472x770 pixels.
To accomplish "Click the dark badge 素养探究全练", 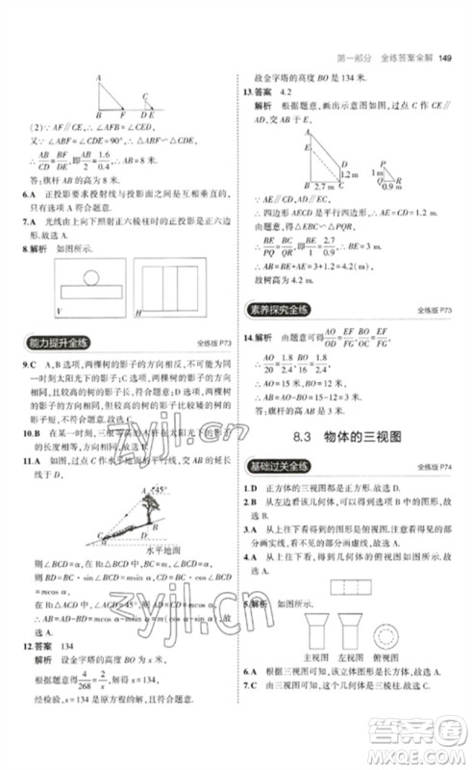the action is tap(280, 309).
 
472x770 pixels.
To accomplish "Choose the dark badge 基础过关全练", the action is tap(280, 466).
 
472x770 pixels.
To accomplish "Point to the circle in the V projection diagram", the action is tap(89, 278).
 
